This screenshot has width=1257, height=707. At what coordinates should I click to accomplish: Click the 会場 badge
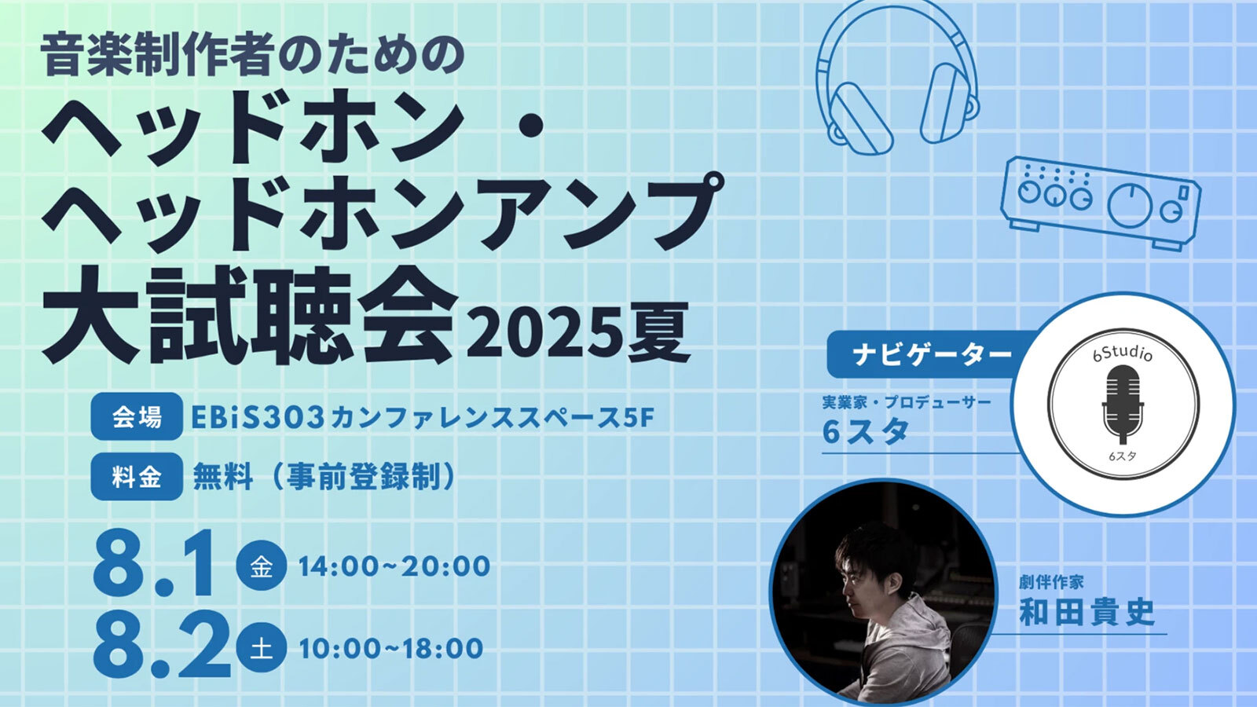pyautogui.click(x=137, y=416)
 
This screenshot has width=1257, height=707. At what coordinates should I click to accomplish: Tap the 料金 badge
pyautogui.click(x=137, y=476)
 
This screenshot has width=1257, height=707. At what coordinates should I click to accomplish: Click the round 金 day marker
pyautogui.click(x=261, y=565)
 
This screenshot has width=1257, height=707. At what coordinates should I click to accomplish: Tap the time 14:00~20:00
pyautogui.click(x=394, y=566)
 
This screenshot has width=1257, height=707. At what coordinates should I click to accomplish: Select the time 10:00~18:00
pyautogui.click(x=390, y=648)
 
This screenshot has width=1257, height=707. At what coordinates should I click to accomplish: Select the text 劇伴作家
pyautogui.click(x=1050, y=582)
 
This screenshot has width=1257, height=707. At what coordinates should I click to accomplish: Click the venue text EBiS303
pyautogui.click(x=258, y=417)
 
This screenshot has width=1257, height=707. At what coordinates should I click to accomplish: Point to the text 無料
pyautogui.click(x=222, y=478)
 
